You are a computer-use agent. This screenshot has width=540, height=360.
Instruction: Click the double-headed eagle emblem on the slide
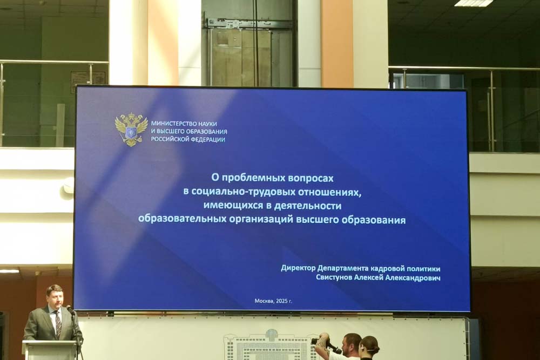click(x=131, y=130)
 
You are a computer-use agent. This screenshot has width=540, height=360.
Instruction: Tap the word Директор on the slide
click(x=298, y=268)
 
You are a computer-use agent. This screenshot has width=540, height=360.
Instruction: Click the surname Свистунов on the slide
click(x=334, y=278)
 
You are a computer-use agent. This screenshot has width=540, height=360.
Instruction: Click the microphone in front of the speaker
click(x=70, y=309)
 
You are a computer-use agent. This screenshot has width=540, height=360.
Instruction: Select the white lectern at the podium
click(x=49, y=350)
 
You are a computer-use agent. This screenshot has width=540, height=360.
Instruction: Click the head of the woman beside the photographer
click(x=369, y=345)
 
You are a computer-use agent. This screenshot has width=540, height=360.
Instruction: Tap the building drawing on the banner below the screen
click(x=272, y=345)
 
